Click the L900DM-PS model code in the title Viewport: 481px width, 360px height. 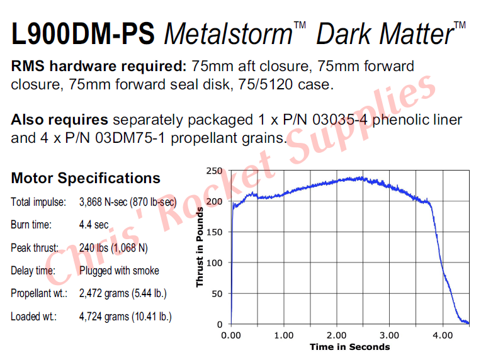(82, 33)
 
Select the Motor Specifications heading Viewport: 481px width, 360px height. (86, 178)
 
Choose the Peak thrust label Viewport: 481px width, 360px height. (35, 248)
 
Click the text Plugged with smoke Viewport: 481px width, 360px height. (119, 271)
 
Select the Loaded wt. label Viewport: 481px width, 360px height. (33, 316)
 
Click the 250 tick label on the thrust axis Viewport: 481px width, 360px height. (214, 171)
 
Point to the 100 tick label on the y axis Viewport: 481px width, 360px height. (214, 262)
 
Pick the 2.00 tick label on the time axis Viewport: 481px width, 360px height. (337, 335)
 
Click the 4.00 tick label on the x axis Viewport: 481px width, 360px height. (443, 335)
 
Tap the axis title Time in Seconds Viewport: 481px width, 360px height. (349, 347)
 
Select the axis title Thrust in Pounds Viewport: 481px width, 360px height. (200, 247)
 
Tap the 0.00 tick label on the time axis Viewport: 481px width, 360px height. (232, 335)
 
